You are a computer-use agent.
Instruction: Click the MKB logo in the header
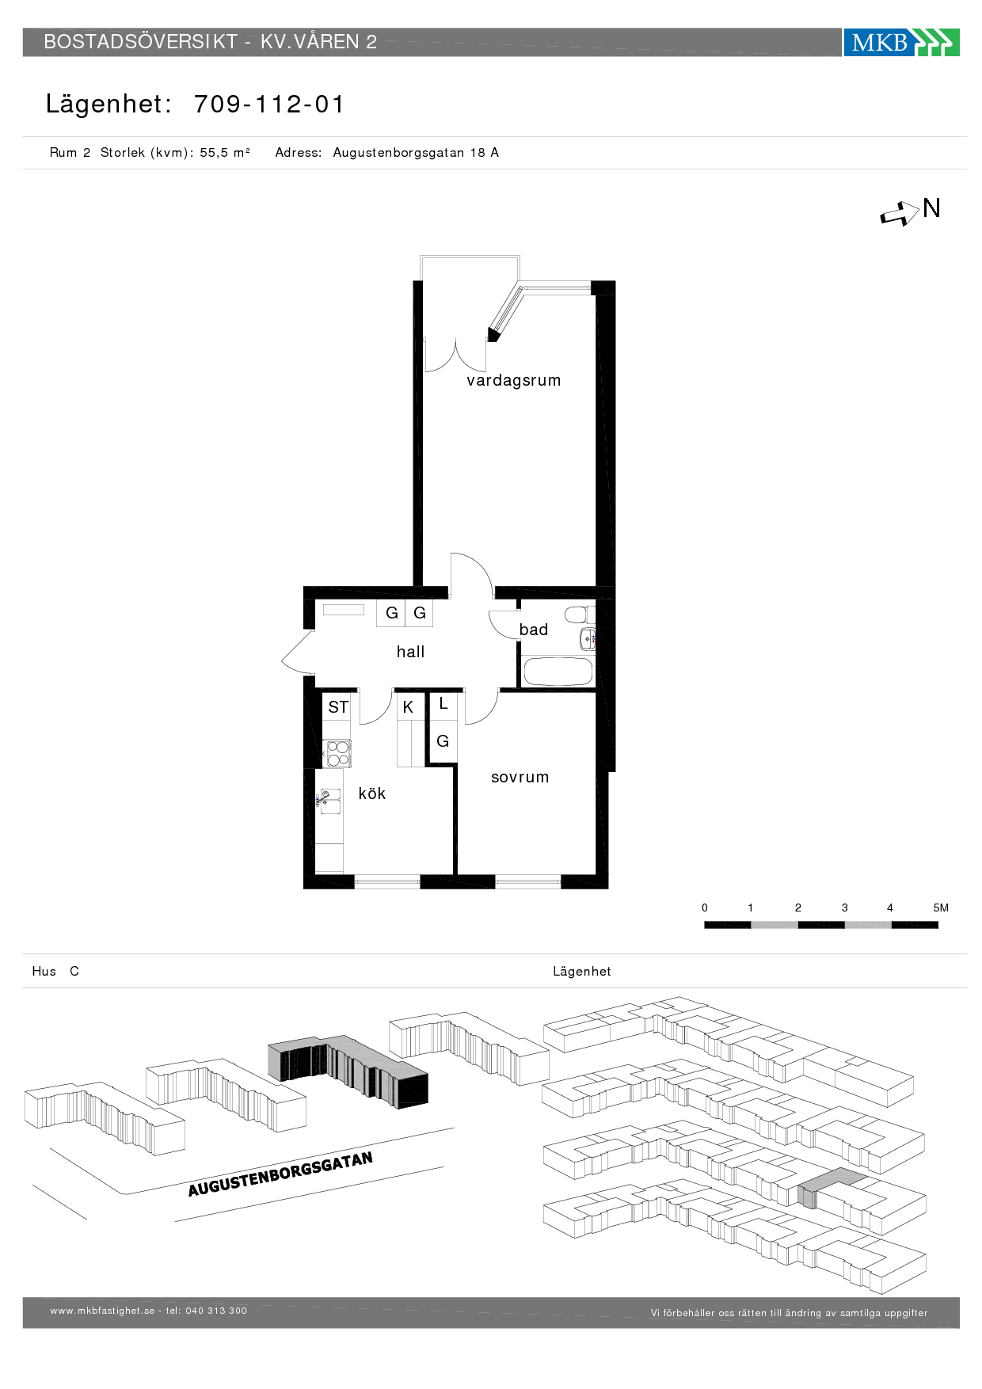(901, 42)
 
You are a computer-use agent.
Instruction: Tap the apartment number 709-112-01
(269, 104)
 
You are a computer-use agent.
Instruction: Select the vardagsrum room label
(513, 380)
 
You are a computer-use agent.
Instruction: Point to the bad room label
(534, 630)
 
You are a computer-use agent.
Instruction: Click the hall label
(410, 652)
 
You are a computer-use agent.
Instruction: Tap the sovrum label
(520, 777)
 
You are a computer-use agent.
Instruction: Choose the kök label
(372, 793)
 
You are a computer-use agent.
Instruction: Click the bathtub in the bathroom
(558, 672)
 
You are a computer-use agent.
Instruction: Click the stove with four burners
(337, 753)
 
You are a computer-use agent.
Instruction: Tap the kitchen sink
(329, 801)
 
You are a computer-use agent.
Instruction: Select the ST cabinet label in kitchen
(338, 707)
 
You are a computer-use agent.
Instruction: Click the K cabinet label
(408, 707)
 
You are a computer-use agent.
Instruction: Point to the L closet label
(443, 703)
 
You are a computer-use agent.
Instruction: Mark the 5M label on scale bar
(941, 908)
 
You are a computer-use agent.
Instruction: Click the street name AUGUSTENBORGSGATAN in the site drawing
(280, 1174)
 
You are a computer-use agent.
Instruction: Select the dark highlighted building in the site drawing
(348, 1071)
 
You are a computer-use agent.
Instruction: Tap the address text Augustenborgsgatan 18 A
(416, 153)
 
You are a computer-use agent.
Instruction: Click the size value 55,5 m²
(225, 153)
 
